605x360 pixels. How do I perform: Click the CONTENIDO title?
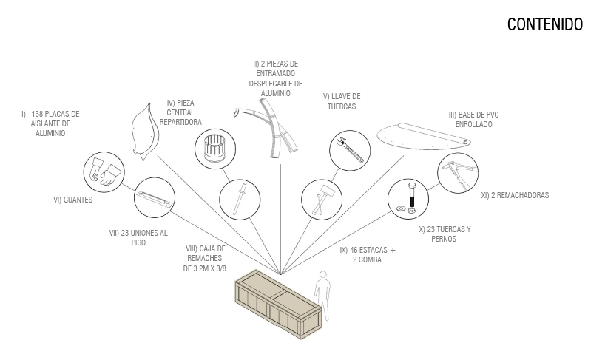click(545, 24)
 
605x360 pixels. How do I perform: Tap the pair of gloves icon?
click(104, 172)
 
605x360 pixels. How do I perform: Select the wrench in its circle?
click(350, 150)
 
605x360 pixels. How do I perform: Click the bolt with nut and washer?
click(408, 199)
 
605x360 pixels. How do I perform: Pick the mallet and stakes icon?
click(322, 200)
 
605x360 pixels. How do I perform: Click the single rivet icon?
click(240, 200)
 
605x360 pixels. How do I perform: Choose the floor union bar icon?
click(155, 197)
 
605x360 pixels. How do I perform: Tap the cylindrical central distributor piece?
click(215, 149)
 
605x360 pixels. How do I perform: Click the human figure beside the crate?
click(322, 295)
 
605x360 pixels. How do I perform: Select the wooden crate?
click(278, 305)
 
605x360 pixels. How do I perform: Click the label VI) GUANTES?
click(73, 200)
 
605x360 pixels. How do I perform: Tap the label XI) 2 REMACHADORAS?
click(515, 195)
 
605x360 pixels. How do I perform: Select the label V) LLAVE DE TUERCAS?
click(342, 101)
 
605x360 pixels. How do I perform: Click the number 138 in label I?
click(37, 114)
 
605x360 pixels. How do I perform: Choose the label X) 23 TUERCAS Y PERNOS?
click(445, 234)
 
